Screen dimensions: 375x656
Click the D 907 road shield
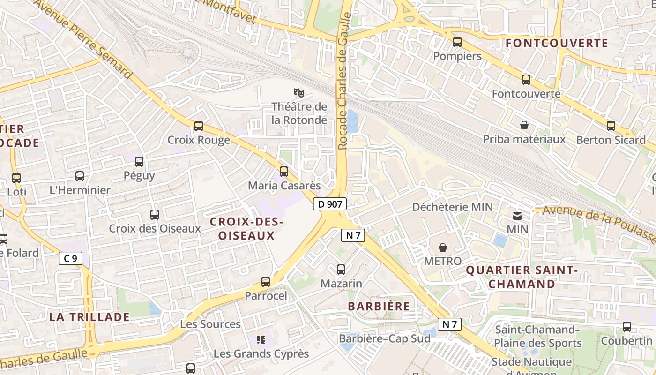[330, 204]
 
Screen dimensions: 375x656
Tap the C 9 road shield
[70, 258]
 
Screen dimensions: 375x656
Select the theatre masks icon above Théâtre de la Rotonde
[299, 93]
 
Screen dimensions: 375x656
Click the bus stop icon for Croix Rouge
[199, 126]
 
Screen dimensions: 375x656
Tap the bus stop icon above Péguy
[139, 162]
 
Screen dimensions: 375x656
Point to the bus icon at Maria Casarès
[283, 172]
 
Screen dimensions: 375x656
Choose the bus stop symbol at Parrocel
[266, 282]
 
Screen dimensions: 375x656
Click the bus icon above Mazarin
[341, 270]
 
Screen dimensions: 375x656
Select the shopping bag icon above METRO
[443, 247]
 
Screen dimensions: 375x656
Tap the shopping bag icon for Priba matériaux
[524, 125]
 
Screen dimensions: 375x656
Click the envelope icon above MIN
[517, 216]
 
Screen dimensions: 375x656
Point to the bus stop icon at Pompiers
[457, 42]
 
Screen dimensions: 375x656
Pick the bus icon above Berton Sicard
[611, 126]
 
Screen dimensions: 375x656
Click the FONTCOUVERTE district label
[557, 44]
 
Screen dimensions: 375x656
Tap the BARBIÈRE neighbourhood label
[379, 306]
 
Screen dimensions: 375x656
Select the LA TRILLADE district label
[89, 317]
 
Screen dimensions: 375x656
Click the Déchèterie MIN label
[452, 207]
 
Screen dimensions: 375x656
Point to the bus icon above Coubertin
[627, 327]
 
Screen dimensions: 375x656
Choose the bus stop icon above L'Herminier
[80, 176]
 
